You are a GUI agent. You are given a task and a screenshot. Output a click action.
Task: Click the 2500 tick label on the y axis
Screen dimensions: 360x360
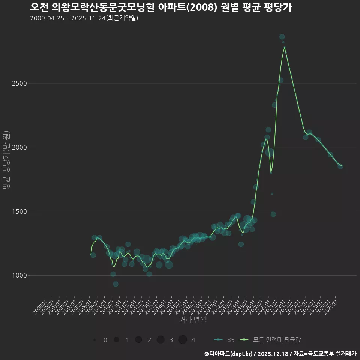click(19, 83)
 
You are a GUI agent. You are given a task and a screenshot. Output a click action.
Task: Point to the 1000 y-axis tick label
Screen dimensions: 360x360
click(19, 275)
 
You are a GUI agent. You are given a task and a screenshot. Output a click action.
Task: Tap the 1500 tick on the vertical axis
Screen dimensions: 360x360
click(19, 211)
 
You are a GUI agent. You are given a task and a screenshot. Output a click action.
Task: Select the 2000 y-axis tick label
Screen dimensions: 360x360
click(19, 147)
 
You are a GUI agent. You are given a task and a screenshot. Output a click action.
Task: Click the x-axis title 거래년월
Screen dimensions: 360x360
click(193, 320)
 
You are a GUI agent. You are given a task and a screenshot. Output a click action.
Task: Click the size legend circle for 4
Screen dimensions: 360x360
click(183, 340)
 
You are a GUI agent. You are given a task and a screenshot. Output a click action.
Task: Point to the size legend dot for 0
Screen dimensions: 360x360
click(94, 340)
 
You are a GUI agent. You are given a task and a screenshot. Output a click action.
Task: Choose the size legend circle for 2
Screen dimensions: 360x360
click(138, 340)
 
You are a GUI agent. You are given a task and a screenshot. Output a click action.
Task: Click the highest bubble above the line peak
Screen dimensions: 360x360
click(282, 37)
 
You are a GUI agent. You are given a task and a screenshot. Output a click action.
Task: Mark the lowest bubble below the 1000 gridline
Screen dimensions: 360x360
click(115, 284)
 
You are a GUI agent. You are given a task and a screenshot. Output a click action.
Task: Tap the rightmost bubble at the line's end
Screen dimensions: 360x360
click(340, 166)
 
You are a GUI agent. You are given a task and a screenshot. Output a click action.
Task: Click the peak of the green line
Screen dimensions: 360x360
click(285, 47)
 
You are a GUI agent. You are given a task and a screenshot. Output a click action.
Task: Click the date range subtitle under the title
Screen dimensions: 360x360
click(84, 18)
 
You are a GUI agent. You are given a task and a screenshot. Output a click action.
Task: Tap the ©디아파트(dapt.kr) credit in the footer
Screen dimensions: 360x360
click(229, 354)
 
